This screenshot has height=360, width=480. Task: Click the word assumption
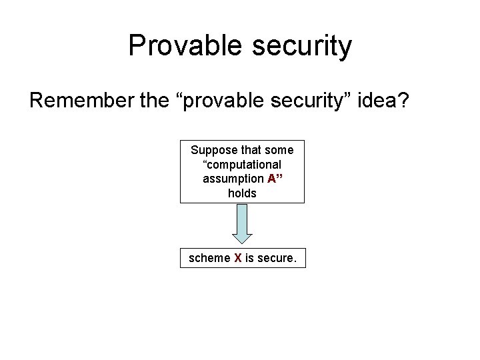[233, 178]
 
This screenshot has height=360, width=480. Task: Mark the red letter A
[271, 178]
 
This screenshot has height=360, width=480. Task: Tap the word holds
[242, 193]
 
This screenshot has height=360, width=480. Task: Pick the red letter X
[238, 258]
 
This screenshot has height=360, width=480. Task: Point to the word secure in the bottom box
[275, 258]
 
